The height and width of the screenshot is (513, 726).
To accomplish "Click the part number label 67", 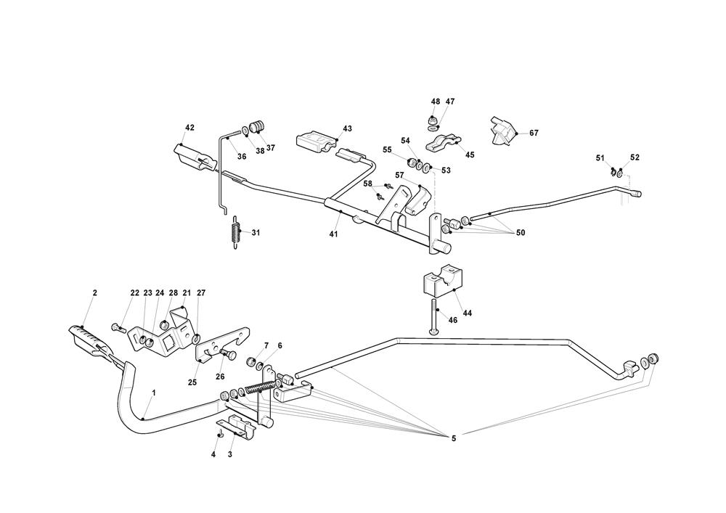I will tap(534, 134).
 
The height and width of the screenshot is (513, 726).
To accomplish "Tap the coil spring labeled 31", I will tap(234, 233).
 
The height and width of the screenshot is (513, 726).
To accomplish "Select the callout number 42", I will tap(189, 128).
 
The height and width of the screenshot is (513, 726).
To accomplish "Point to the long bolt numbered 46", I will tap(433, 316).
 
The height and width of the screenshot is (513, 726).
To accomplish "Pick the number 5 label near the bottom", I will tap(454, 438).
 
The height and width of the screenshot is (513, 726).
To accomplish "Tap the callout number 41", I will tap(333, 234).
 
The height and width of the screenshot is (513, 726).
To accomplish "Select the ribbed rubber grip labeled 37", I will tap(256, 128).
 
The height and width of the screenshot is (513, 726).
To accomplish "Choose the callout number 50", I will tap(520, 232).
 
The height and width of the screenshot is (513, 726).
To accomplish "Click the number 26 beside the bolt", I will tap(221, 377).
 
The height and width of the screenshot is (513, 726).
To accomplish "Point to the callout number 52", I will tap(635, 157).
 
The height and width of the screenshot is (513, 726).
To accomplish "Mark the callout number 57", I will tap(399, 176).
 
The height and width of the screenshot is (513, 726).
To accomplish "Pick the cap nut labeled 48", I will tap(431, 119).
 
